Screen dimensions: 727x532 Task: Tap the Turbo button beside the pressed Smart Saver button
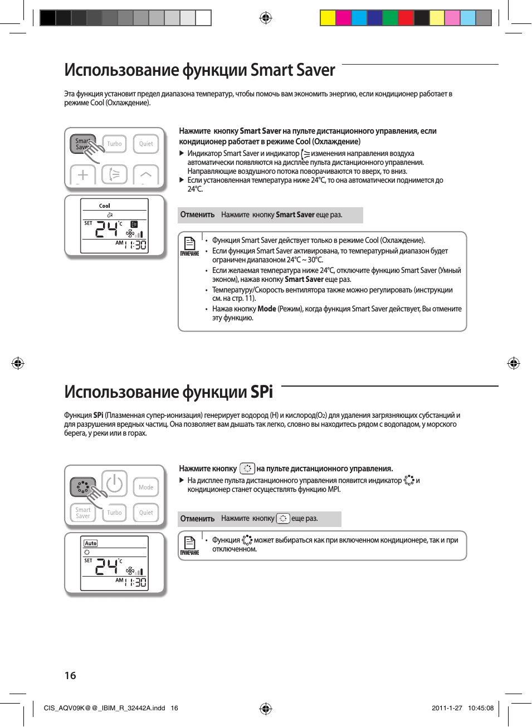click(114, 144)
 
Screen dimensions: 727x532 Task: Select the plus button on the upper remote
click(83, 175)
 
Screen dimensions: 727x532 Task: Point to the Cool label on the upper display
click(105, 206)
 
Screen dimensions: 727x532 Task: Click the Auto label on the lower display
click(91, 543)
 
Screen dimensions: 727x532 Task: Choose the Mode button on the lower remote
click(146, 487)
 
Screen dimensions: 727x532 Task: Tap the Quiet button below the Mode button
click(146, 513)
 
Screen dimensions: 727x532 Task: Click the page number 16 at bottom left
click(70, 676)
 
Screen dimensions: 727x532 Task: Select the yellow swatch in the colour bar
click(328, 18)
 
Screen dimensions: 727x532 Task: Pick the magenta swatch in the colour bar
click(343, 18)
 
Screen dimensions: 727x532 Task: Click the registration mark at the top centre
click(266, 18)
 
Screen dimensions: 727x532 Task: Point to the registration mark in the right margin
click(513, 364)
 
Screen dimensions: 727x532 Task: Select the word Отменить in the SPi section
click(197, 519)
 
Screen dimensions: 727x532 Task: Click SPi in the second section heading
click(261, 392)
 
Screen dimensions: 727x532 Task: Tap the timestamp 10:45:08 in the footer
click(480, 708)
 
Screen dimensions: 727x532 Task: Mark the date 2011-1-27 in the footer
click(447, 708)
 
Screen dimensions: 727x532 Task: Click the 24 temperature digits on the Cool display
click(107, 229)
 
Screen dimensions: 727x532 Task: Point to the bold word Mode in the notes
click(267, 309)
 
